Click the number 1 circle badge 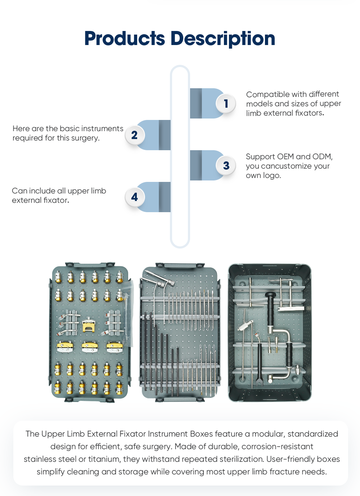[226, 103]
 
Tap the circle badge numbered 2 [135, 135]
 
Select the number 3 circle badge [226, 165]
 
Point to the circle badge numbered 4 [135, 197]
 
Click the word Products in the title [125, 39]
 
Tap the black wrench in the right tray [259, 364]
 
